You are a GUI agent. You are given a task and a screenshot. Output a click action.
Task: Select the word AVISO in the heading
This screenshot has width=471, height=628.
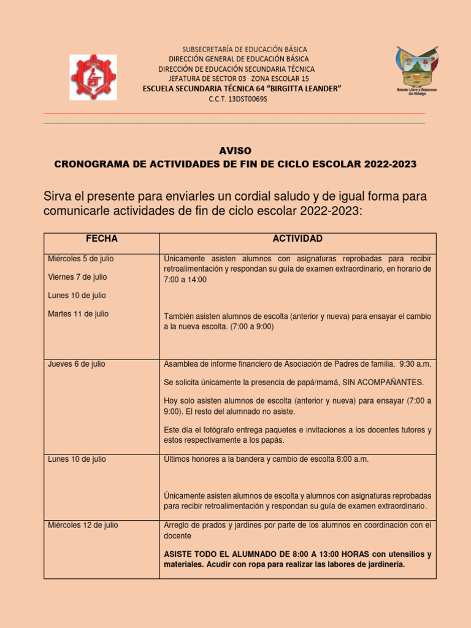click(235, 151)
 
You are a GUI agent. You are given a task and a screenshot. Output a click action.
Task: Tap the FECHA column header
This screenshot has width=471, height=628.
click(102, 239)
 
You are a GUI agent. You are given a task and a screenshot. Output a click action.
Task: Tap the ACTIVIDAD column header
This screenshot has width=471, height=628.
click(297, 239)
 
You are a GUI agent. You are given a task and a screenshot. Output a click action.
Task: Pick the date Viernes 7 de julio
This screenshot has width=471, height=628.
click(77, 277)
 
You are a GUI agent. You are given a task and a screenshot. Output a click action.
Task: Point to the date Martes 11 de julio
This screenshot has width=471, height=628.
click(78, 314)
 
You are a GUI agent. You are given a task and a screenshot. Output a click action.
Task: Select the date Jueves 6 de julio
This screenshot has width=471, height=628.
click(76, 364)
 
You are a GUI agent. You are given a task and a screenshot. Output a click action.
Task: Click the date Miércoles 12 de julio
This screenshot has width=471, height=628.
click(83, 525)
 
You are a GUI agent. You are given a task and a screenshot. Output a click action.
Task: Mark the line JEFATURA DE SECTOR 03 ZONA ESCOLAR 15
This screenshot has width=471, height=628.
click(239, 79)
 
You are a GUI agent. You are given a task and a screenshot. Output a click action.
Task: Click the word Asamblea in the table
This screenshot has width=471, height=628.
click(182, 364)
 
